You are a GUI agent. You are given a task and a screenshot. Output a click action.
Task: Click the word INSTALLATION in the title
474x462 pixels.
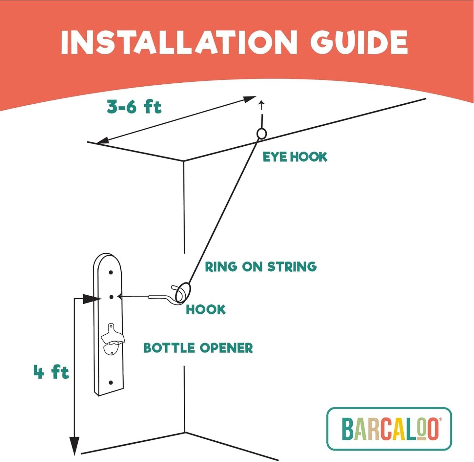[x=179, y=42]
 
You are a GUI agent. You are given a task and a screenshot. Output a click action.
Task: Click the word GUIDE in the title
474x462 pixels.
[x=359, y=42]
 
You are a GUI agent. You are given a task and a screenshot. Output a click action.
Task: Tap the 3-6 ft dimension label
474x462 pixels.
[x=134, y=107]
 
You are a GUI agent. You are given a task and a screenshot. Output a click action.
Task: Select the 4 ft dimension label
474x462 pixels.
[x=51, y=372]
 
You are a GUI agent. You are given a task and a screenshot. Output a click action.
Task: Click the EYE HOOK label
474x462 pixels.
[x=295, y=157]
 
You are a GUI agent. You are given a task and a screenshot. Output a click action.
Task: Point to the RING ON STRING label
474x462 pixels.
[x=261, y=266]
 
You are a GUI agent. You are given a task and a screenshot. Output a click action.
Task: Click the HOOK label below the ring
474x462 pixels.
[x=206, y=309]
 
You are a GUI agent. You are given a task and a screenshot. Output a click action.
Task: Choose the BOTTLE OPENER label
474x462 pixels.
[x=198, y=348]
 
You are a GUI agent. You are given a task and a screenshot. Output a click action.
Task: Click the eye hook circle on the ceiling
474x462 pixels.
[x=261, y=134]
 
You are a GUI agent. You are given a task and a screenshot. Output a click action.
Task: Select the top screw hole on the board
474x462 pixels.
[x=111, y=272]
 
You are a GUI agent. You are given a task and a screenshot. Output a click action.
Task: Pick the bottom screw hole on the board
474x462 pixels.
[x=111, y=383]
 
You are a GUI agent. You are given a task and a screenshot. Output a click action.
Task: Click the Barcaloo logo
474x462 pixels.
[x=389, y=429]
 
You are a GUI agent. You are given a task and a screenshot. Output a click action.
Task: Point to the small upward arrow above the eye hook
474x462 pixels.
[x=261, y=105]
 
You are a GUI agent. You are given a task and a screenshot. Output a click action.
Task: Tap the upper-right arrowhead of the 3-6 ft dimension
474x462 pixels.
[x=249, y=98]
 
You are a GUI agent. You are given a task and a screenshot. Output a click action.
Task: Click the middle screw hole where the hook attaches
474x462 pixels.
[x=111, y=297]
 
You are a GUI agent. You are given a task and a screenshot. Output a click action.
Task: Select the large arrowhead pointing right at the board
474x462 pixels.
[x=91, y=299]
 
